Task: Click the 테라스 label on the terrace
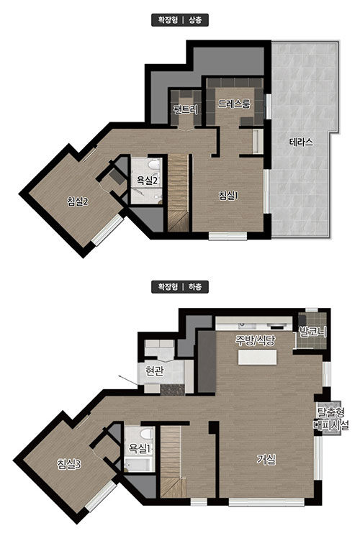click(x=301, y=142)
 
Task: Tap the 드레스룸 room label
click(x=235, y=103)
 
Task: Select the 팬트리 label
click(x=186, y=109)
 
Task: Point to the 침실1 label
click(x=228, y=196)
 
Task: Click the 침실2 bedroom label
click(x=78, y=201)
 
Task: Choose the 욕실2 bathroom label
click(x=147, y=180)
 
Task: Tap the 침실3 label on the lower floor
click(x=69, y=464)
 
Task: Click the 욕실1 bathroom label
click(x=139, y=448)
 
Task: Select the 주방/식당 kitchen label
click(x=255, y=340)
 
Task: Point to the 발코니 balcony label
click(x=312, y=331)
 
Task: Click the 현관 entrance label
click(x=154, y=371)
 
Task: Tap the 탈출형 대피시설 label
click(x=330, y=419)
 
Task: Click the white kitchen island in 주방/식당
click(x=257, y=357)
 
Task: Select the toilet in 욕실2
click(x=154, y=165)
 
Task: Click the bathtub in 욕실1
click(x=138, y=465)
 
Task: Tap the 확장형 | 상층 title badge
click(x=180, y=20)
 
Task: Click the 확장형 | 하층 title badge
click(x=180, y=287)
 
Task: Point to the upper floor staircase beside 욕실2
click(x=178, y=193)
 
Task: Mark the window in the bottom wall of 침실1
click(x=228, y=235)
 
